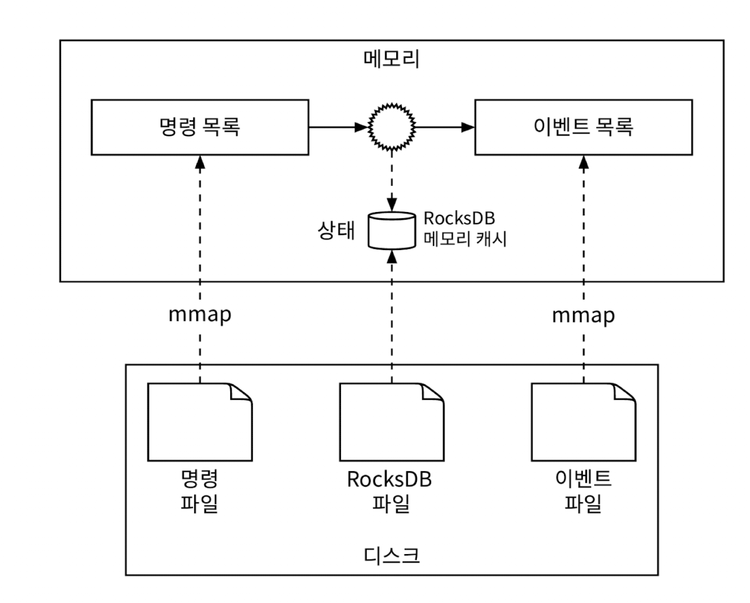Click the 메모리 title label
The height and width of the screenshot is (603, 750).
click(x=391, y=60)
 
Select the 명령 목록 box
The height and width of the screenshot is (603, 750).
click(x=199, y=127)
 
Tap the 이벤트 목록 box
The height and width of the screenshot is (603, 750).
click(x=584, y=127)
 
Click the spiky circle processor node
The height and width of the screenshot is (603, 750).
click(x=392, y=127)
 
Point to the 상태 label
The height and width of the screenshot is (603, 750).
click(x=338, y=231)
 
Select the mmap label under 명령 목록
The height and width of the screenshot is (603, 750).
click(x=199, y=316)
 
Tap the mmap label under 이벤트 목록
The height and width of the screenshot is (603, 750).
click(x=584, y=316)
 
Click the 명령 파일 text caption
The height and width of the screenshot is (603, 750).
click(x=199, y=491)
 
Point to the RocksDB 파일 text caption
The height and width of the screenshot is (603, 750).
click(x=391, y=491)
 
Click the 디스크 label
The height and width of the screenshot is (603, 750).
click(x=391, y=554)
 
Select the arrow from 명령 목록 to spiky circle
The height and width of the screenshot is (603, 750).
click(x=338, y=127)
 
